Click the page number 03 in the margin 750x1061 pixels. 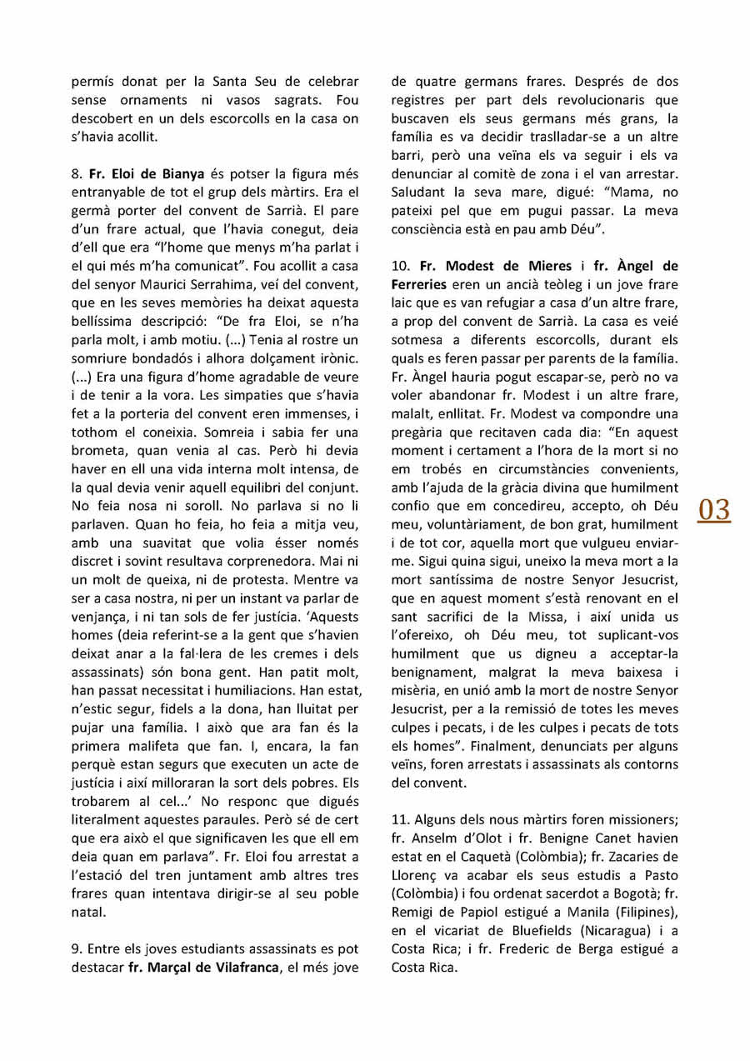[714, 509]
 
